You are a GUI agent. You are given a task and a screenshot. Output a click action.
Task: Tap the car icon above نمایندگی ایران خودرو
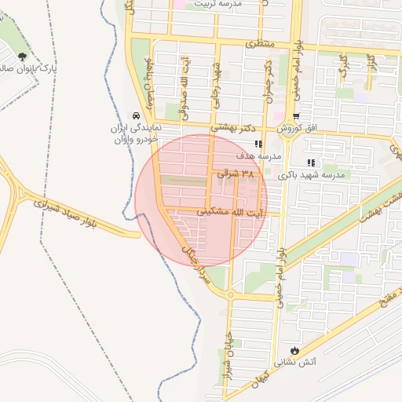pos(137,114)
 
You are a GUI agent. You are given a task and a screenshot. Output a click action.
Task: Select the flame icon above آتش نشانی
pos(294,350)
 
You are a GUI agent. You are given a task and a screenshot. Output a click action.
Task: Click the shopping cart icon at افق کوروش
pos(295,116)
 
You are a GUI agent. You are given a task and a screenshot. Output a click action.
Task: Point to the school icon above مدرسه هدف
pos(258,144)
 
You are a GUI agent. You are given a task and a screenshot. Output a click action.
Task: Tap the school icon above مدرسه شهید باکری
pos(311,163)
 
